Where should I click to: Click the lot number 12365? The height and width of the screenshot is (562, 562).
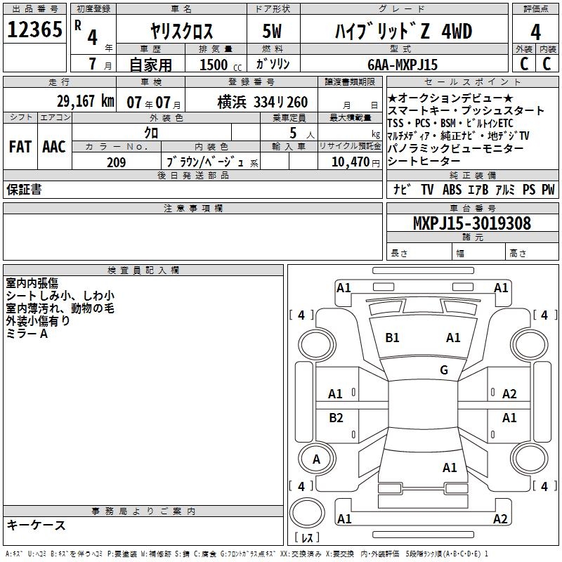tap(34, 30)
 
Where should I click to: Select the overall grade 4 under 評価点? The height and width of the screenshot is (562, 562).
tap(535, 32)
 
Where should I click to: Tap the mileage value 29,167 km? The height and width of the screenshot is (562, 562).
tap(86, 101)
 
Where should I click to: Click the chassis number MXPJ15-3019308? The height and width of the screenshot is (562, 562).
tap(471, 223)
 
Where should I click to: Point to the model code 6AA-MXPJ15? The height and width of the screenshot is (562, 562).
tap(403, 65)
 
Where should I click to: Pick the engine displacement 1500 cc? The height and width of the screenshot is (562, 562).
tap(221, 65)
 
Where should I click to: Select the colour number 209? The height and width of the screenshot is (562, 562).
tap(117, 162)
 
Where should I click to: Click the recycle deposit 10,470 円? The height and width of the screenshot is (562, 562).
tap(355, 162)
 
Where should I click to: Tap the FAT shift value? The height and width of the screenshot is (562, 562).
tap(20, 147)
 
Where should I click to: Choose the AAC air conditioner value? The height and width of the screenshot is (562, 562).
tap(54, 147)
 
